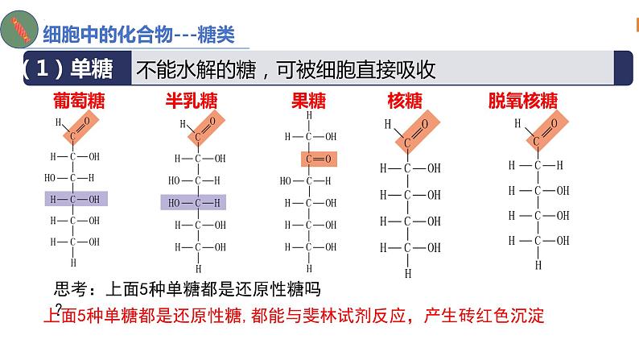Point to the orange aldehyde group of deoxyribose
547,130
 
